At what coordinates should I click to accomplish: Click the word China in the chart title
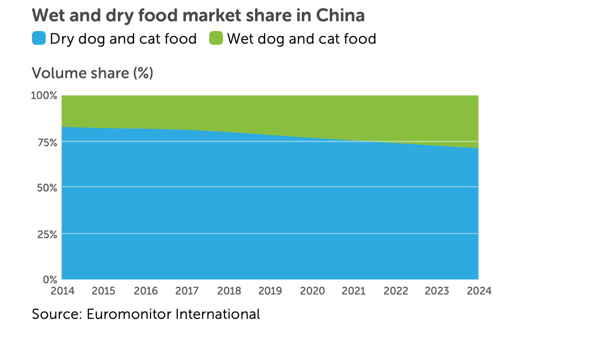340,15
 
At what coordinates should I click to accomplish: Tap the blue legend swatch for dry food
39,39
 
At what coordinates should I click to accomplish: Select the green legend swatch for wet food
216,39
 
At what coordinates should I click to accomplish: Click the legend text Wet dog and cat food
301,39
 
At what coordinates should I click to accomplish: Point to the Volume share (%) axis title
92,73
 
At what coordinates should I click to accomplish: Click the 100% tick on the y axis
45,95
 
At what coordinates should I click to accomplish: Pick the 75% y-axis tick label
46,142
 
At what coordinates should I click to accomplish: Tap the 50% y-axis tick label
46,188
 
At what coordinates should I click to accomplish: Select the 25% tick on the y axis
46,234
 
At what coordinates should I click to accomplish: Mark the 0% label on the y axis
49,280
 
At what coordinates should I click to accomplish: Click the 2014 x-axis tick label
62,291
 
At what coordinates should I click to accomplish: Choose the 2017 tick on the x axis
187,291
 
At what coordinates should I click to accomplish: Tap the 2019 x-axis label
270,291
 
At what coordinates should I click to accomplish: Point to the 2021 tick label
354,291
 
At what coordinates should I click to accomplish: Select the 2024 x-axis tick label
479,291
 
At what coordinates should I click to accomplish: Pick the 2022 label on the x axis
395,291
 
